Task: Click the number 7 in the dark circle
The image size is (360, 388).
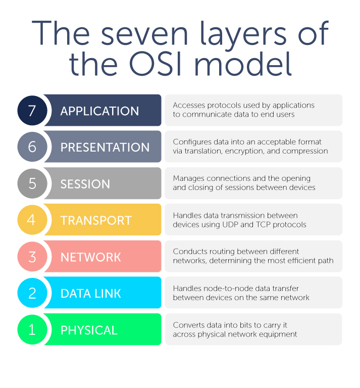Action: coord(32,110)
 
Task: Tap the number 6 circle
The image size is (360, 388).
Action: coord(32,147)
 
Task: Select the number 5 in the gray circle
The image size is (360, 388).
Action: coord(32,183)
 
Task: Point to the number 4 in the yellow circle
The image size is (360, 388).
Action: coord(32,220)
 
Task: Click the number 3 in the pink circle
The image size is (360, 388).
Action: coord(32,257)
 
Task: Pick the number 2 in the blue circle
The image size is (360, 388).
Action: coord(32,293)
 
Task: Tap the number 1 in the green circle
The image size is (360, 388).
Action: coord(32,330)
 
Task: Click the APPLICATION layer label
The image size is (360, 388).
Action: coord(99,111)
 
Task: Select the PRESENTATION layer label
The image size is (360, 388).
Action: coord(105,147)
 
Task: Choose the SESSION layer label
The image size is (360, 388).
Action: coord(85,184)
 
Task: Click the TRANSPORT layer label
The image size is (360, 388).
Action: coord(96,220)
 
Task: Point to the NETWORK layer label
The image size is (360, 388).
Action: coord(91,257)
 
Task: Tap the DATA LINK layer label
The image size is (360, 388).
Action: coord(91,294)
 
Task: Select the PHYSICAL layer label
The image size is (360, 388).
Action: coord(89,330)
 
